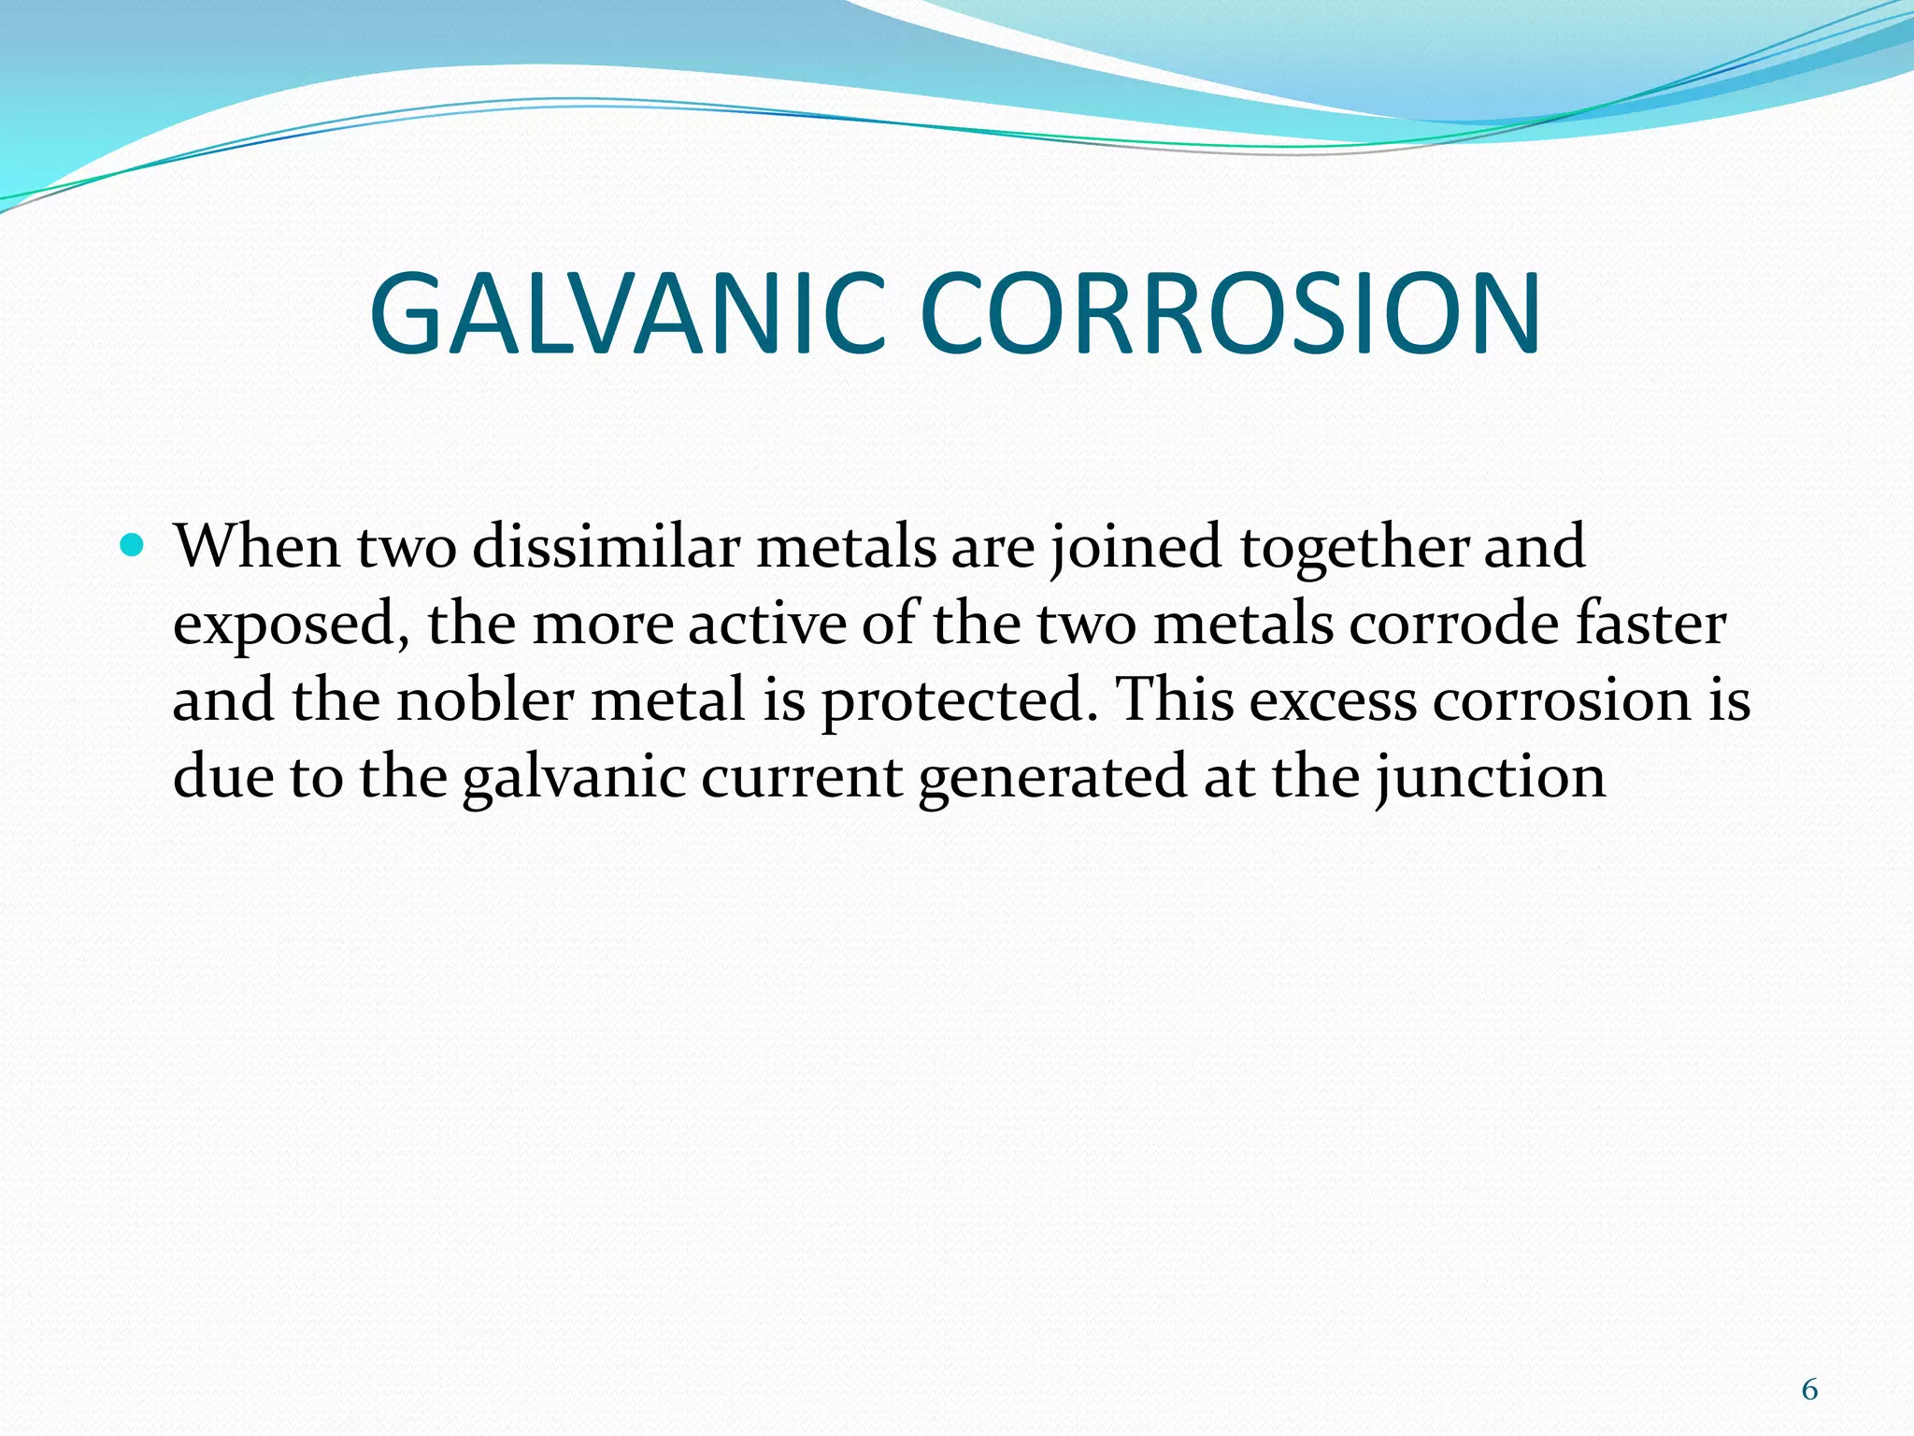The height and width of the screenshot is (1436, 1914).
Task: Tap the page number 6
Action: [1809, 1390]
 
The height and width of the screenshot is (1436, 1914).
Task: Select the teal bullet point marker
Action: [133, 545]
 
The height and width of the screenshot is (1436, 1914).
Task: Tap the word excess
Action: [1333, 700]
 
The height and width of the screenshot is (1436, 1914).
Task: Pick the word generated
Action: [1052, 777]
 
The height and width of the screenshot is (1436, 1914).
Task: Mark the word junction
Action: [1492, 777]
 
